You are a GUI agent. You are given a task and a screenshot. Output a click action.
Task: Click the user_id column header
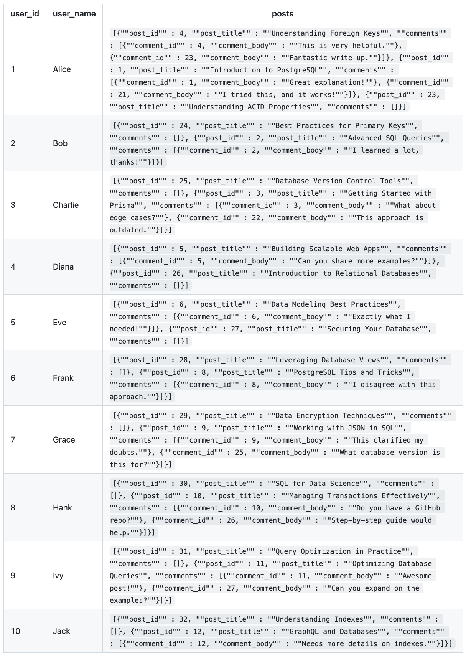tap(25, 14)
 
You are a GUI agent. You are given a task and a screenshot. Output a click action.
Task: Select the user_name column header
tap(74, 14)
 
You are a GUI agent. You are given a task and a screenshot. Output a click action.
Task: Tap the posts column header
tap(282, 14)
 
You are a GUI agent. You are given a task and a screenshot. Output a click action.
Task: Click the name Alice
tap(62, 69)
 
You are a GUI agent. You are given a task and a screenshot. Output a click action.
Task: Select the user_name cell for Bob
tap(60, 143)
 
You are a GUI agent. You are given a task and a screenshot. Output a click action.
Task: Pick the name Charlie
tap(66, 205)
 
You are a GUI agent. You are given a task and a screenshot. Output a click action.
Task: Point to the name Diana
tap(63, 267)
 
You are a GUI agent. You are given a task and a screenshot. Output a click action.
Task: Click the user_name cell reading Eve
tap(59, 323)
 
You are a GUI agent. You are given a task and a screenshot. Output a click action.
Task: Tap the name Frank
tap(63, 378)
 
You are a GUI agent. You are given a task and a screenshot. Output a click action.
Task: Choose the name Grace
tap(64, 440)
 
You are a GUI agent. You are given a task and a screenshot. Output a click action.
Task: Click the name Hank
tap(63, 508)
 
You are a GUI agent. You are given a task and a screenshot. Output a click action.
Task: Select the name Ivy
tap(58, 576)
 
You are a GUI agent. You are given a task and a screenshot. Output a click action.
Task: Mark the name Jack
tap(61, 631)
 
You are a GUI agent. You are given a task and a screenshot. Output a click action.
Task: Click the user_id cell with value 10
tap(15, 631)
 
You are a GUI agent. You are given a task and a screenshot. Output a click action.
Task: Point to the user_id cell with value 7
tap(13, 440)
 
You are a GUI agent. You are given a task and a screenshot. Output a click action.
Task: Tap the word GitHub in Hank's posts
tap(427, 508)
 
